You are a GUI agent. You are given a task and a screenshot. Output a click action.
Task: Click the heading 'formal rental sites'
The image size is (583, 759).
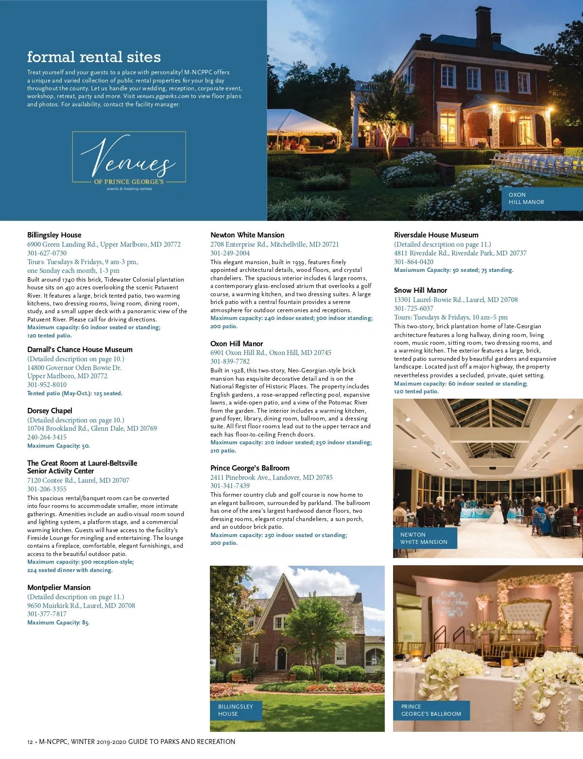coord(94,57)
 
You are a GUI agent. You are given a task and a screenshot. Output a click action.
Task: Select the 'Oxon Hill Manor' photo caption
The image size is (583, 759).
coord(526,198)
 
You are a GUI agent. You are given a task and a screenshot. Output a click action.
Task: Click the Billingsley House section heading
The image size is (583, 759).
coord(54,235)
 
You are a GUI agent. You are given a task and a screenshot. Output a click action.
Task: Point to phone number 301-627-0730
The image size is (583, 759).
coord(47,253)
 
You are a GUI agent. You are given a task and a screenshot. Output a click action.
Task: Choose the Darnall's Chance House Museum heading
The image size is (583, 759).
coord(80,350)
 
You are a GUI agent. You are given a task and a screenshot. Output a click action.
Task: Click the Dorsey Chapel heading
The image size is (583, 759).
coord(50,411)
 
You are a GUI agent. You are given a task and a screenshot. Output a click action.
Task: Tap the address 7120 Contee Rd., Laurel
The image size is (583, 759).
coord(78,480)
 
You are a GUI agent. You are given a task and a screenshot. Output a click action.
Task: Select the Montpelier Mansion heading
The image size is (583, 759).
coord(59,588)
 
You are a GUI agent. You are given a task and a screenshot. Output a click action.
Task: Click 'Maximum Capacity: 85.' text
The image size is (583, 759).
coord(58,623)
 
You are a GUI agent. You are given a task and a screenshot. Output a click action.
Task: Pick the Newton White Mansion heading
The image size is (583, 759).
coord(247,235)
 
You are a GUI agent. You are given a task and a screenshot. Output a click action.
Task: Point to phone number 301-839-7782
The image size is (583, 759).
coord(230,361)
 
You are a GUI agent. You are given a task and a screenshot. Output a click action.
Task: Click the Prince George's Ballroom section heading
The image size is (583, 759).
coord(250,468)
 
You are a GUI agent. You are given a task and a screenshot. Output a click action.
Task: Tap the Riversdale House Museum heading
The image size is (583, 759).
coord(436,235)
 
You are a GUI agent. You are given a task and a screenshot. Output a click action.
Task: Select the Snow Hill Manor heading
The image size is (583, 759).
coord(420,290)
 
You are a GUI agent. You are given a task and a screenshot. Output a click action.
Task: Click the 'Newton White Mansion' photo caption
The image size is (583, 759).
coord(424,538)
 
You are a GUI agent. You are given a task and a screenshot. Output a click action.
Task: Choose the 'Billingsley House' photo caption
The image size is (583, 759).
coord(236,710)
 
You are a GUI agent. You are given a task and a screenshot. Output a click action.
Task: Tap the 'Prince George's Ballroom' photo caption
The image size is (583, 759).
coord(431,710)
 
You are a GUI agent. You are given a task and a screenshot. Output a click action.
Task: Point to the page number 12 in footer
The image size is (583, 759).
coord(30,742)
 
